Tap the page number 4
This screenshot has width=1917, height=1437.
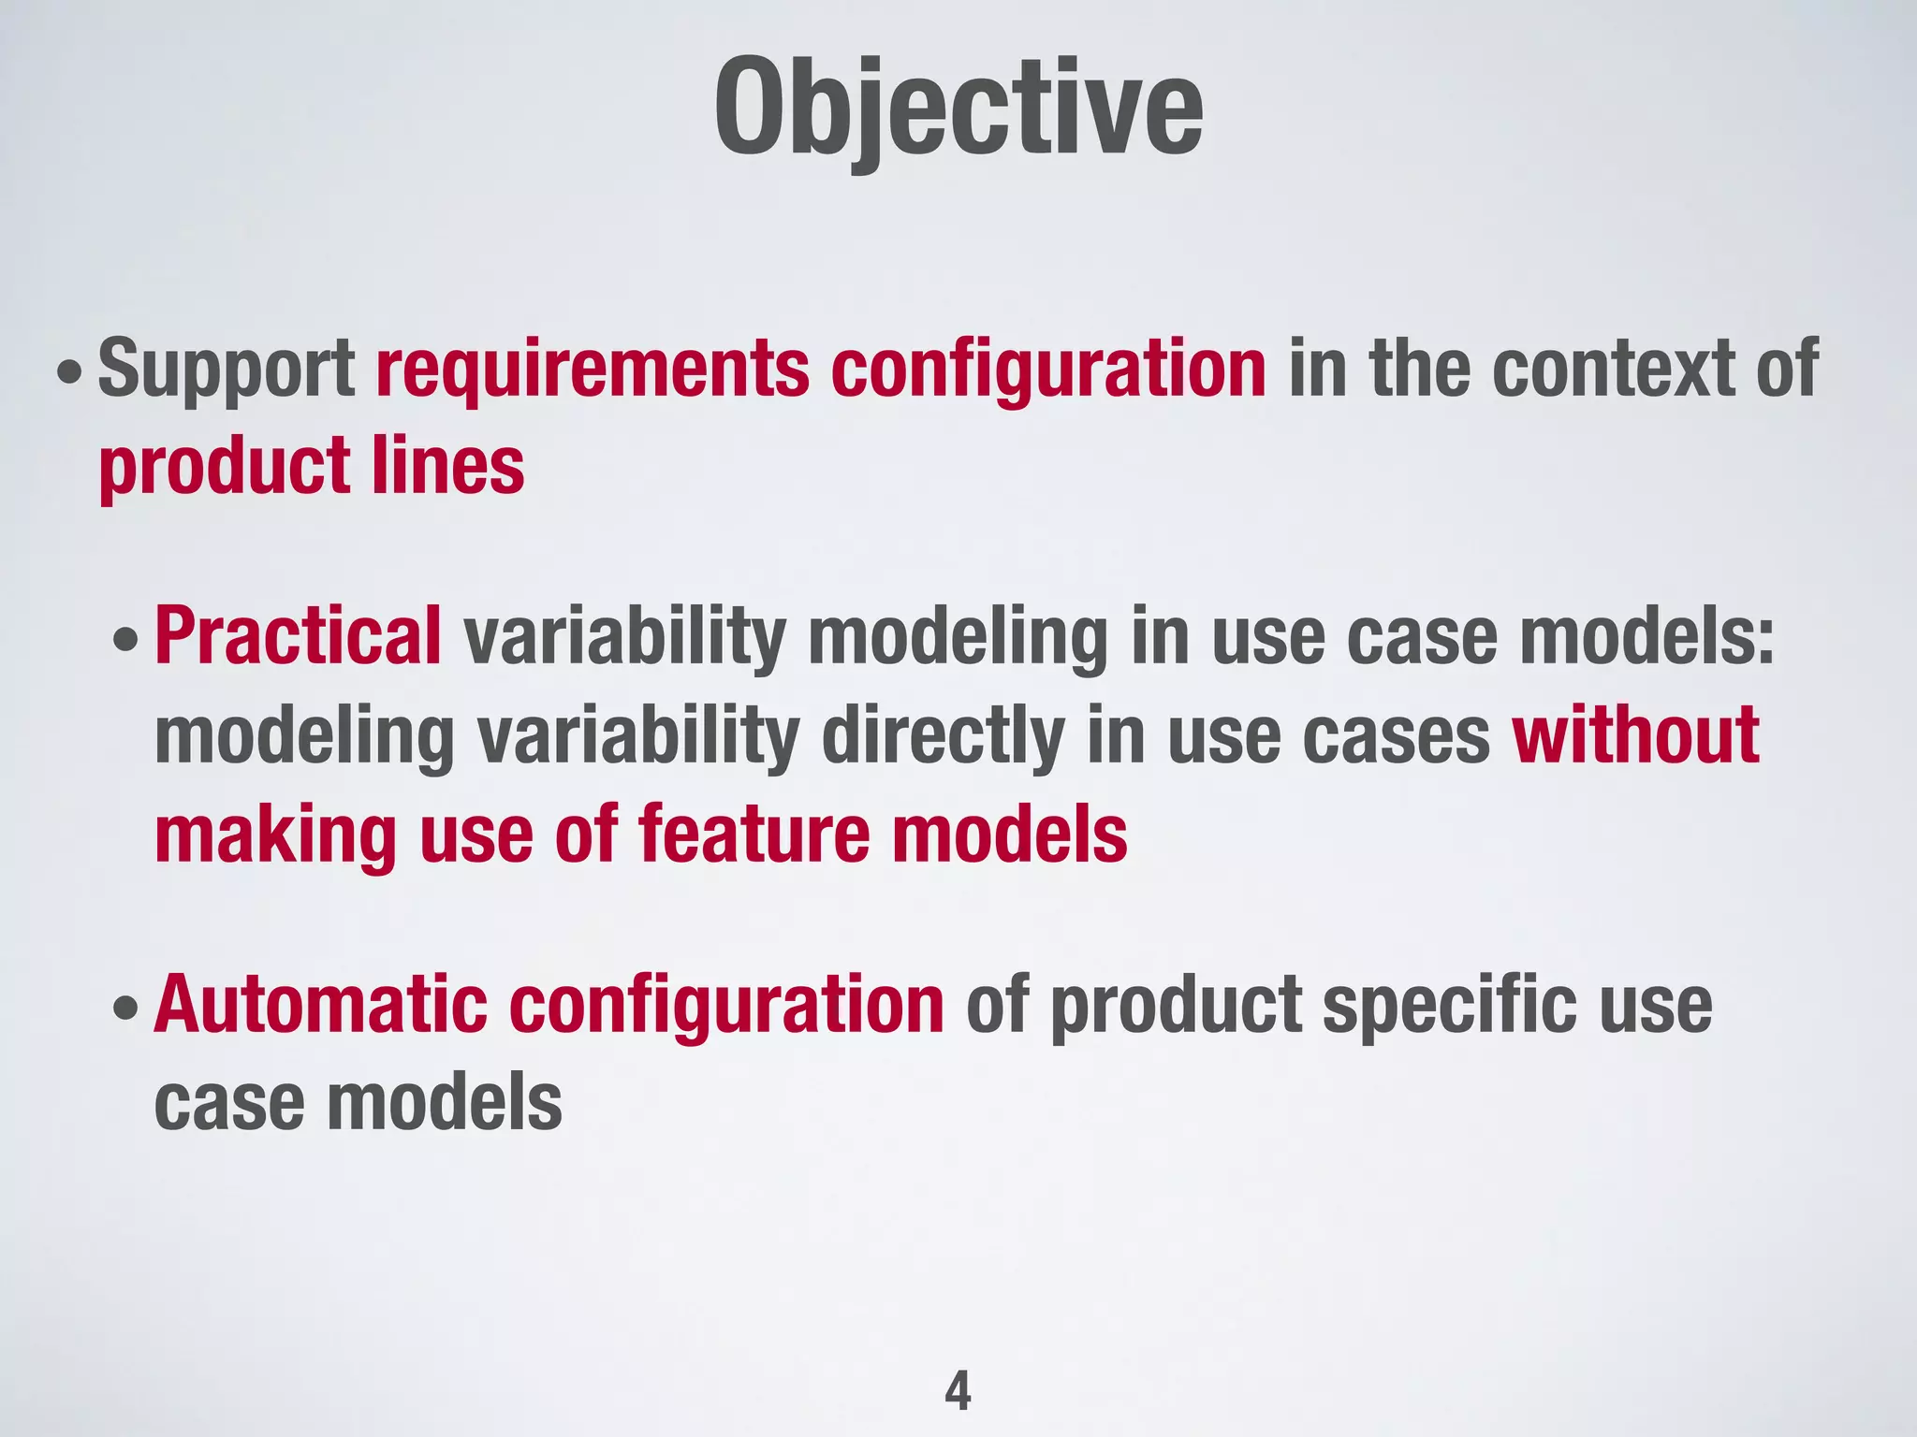click(958, 1391)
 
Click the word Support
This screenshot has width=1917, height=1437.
click(226, 370)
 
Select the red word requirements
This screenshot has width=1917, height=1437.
click(593, 370)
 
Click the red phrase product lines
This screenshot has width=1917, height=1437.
click(312, 465)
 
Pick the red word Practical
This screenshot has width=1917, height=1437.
click(298, 636)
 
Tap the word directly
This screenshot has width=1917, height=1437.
click(943, 736)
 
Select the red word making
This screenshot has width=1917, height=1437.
click(276, 835)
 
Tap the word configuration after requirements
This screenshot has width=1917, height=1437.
click(1048, 370)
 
